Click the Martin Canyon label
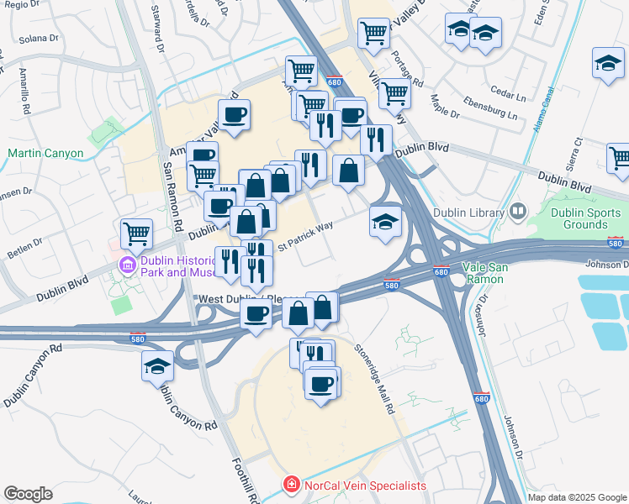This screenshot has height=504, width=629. pyautogui.click(x=45, y=154)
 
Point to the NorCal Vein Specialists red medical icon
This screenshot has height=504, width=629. pyautogui.click(x=290, y=485)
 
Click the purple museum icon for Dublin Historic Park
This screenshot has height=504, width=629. pyautogui.click(x=127, y=265)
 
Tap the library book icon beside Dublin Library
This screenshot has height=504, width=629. pyautogui.click(x=517, y=212)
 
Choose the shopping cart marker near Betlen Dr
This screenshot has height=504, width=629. pyautogui.click(x=135, y=233)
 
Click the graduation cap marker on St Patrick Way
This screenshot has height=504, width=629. pyautogui.click(x=385, y=222)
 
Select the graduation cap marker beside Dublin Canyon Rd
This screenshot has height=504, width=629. pyautogui.click(x=157, y=366)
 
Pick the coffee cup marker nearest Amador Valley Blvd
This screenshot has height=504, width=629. pyautogui.click(x=235, y=114)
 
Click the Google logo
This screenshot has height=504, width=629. pyautogui.click(x=28, y=494)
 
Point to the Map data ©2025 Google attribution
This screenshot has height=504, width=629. pyautogui.click(x=578, y=497)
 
